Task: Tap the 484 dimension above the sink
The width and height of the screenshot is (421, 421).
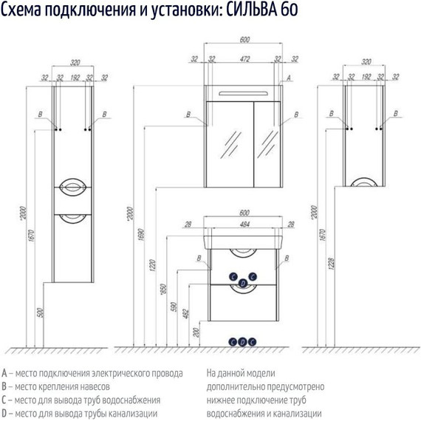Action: (x=242, y=225)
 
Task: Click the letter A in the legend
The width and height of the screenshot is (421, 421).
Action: (x=5, y=373)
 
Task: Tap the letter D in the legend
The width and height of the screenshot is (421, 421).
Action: (x=5, y=413)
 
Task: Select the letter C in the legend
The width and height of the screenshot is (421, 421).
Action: (x=5, y=400)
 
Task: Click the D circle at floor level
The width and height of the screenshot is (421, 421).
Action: (x=242, y=342)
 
